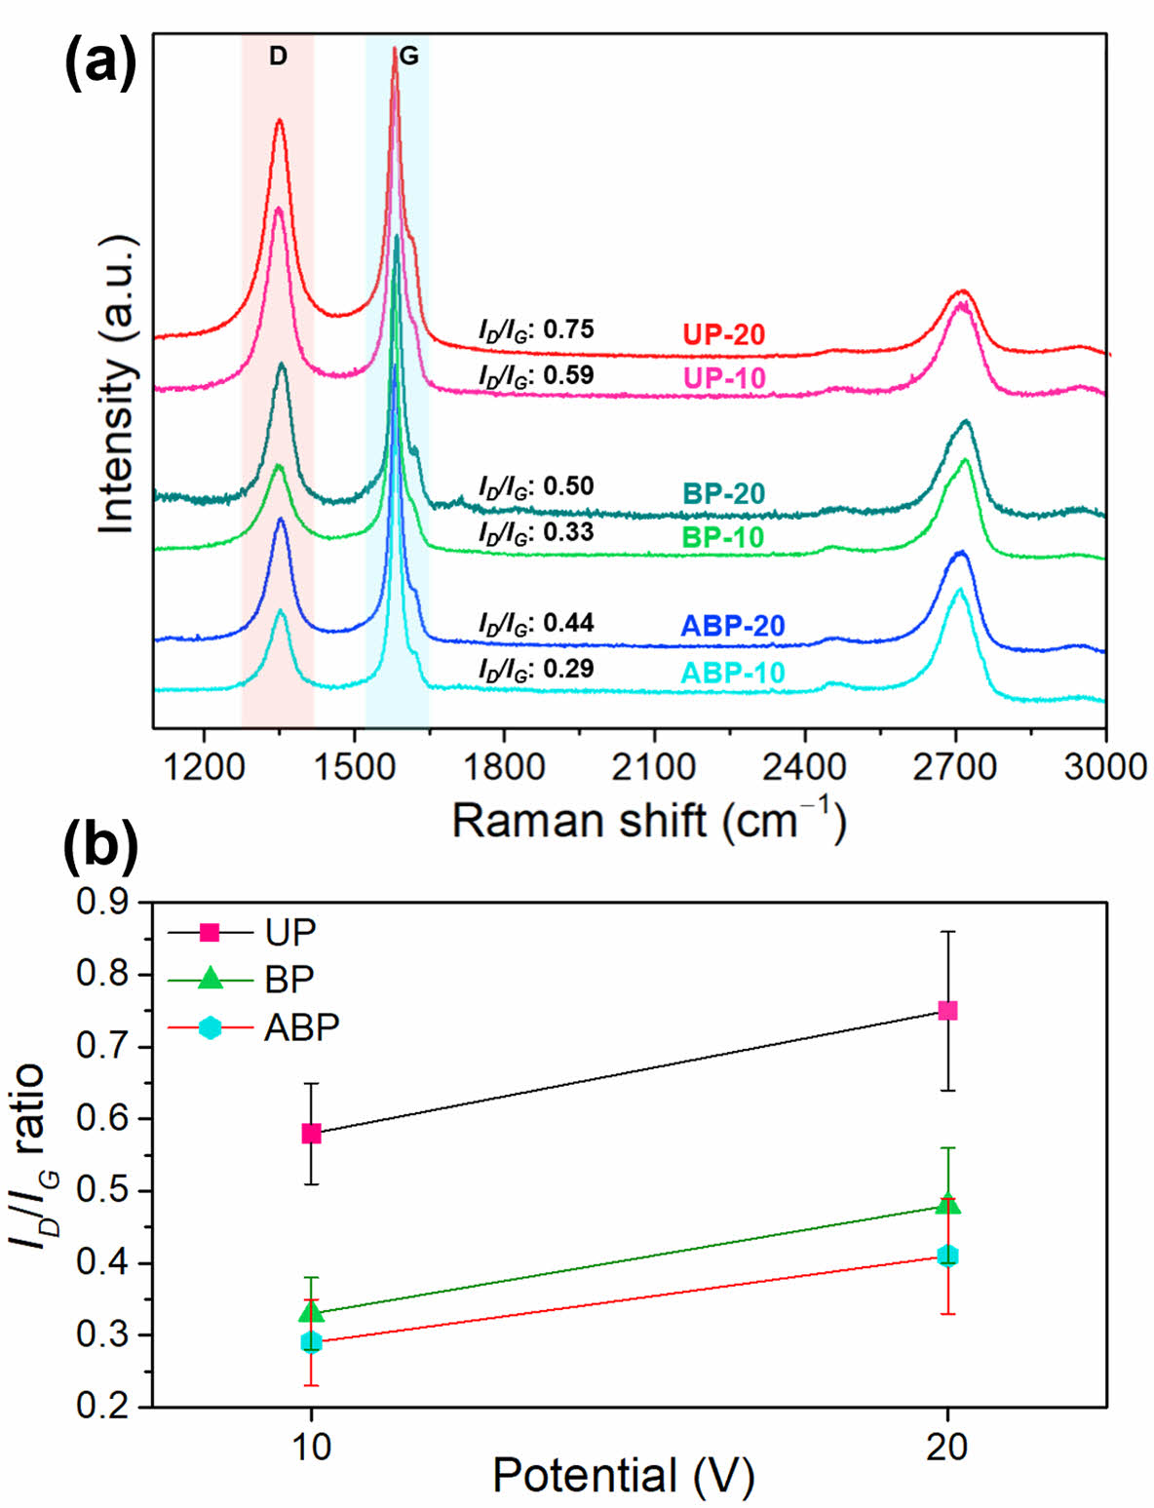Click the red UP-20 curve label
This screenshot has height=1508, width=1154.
click(x=723, y=334)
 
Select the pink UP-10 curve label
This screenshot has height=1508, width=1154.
click(x=723, y=378)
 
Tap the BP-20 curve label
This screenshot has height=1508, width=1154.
click(x=723, y=493)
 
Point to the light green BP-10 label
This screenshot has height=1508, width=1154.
click(x=723, y=537)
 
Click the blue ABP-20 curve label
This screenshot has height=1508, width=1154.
click(x=733, y=625)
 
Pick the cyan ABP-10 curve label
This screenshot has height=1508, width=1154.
click(x=733, y=673)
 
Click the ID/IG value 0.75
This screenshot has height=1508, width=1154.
click(x=568, y=329)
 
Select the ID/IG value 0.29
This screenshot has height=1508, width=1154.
click(x=568, y=669)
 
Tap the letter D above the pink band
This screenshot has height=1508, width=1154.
click(x=278, y=57)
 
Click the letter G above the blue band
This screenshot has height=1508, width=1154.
click(x=409, y=57)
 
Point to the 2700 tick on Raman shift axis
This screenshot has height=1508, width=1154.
click(x=955, y=767)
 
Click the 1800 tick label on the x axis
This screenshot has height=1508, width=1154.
click(x=504, y=767)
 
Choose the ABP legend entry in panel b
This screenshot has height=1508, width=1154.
click(x=301, y=1027)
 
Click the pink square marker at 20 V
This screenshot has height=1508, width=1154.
click(x=947, y=1011)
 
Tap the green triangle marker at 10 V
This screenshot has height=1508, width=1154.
click(x=311, y=1312)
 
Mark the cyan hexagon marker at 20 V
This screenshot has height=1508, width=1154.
click(x=947, y=1256)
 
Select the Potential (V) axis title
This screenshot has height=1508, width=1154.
click(x=623, y=1475)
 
